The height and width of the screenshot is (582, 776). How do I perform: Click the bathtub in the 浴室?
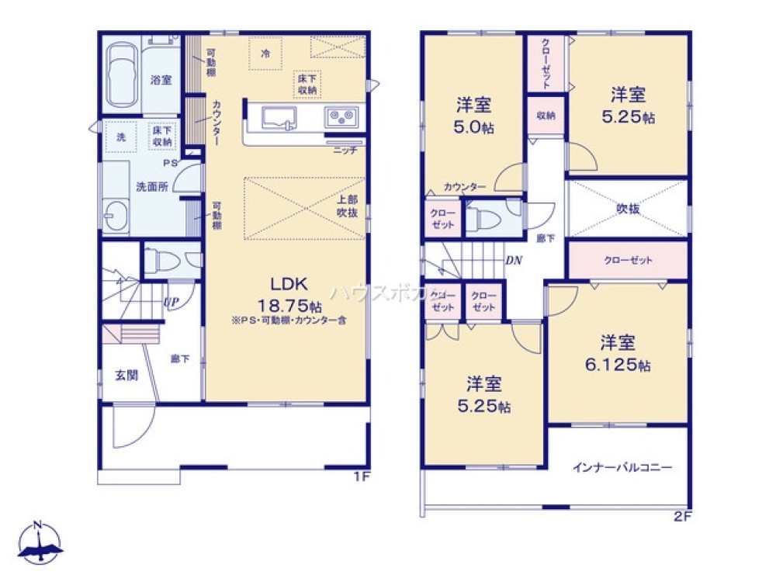(x=122, y=75)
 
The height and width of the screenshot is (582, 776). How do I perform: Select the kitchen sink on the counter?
(x=278, y=118)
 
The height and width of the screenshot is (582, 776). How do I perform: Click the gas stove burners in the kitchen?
(x=340, y=118)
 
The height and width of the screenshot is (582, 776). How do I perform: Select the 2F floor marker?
(x=681, y=514)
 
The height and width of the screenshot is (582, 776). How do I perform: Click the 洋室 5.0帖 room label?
(x=476, y=116)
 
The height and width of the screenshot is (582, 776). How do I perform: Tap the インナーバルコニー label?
(x=622, y=467)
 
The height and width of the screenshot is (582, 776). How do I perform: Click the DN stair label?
(x=513, y=261)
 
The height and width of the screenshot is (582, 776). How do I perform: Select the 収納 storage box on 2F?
(x=546, y=116)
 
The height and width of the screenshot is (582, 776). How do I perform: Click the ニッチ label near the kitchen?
(x=345, y=151)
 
